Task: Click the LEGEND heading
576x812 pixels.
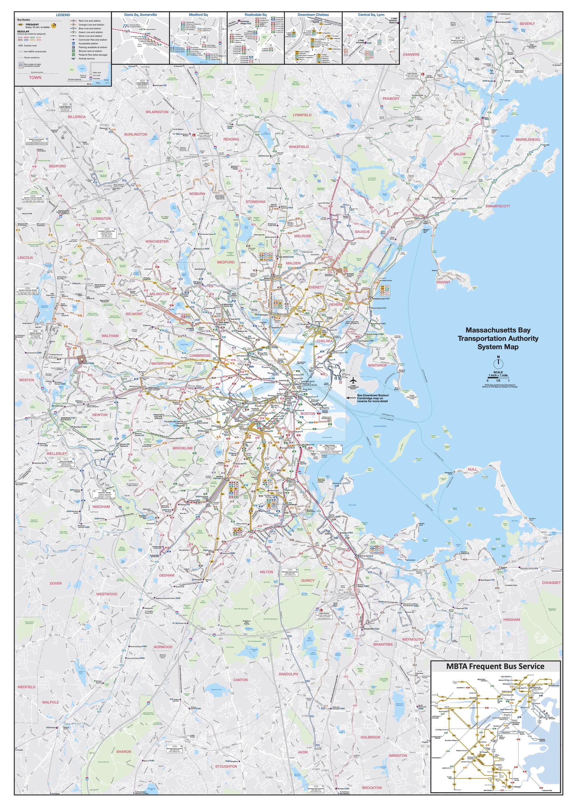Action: point(63,15)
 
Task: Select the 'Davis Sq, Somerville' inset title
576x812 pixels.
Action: point(140,15)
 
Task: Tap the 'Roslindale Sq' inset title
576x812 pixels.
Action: point(255,15)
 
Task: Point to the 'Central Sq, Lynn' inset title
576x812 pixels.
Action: point(370,15)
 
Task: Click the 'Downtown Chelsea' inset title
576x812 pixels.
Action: point(313,15)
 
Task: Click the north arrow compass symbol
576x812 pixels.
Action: point(498,362)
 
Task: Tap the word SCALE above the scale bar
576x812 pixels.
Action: point(498,372)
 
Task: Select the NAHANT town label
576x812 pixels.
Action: point(443,282)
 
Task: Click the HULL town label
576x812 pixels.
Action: point(472,469)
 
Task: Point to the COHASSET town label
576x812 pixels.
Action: point(551,582)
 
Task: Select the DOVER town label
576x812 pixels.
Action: point(56,583)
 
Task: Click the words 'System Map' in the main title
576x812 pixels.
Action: point(498,347)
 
